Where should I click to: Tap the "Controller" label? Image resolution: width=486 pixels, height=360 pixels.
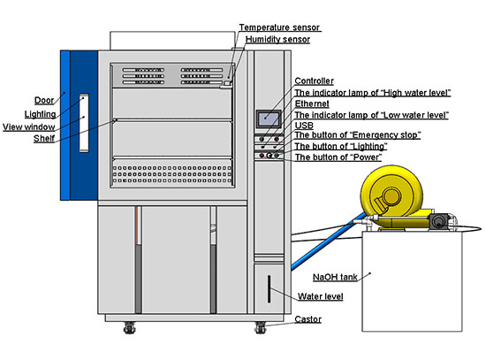[314, 81]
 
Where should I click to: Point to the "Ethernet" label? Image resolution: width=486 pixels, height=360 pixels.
[311, 103]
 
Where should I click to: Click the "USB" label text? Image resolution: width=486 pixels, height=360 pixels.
[302, 125]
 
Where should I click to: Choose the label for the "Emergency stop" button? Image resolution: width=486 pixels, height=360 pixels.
[356, 135]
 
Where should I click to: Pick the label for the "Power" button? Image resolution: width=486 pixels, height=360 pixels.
[338, 157]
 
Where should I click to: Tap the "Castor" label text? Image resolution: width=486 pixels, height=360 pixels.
[308, 319]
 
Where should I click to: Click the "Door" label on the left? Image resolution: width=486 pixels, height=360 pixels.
[44, 100]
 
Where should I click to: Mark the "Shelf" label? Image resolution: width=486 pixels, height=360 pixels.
[44, 139]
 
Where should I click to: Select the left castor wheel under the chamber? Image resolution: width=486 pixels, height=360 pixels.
[130, 328]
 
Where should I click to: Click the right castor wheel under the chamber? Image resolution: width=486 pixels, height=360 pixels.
[261, 328]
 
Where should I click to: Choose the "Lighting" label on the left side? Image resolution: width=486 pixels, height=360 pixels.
[41, 114]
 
